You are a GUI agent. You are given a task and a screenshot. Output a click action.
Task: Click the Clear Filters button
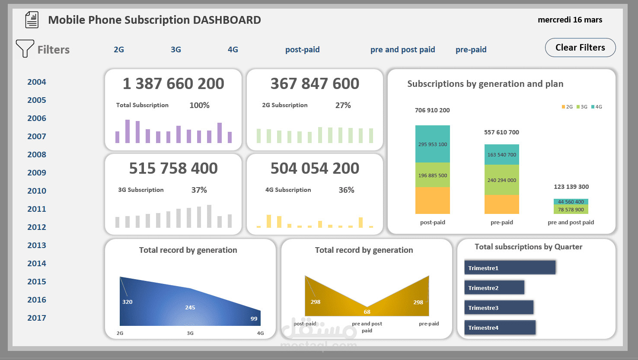pyautogui.click(x=580, y=48)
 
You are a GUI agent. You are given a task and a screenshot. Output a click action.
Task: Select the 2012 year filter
pyautogui.click(x=37, y=227)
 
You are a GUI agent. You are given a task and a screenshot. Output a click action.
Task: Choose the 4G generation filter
pyautogui.click(x=233, y=50)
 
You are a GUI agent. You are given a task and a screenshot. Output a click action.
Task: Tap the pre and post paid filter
pyautogui.click(x=402, y=50)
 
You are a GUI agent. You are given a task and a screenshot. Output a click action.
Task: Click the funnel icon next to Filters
pyautogui.click(x=25, y=48)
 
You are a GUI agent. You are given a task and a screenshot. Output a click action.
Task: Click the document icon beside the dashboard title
pyautogui.click(x=32, y=20)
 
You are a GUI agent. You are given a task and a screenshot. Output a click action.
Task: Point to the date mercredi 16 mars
pyautogui.click(x=570, y=20)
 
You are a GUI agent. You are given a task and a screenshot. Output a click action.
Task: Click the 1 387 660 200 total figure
pyautogui.click(x=173, y=83)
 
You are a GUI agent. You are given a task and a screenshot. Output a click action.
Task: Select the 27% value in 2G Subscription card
pyautogui.click(x=343, y=105)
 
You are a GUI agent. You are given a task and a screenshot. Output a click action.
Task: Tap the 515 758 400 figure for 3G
pyautogui.click(x=173, y=168)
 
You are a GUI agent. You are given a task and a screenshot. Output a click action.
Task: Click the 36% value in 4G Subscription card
pyautogui.click(x=346, y=190)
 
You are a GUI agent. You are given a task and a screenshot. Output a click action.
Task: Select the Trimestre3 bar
pyautogui.click(x=499, y=307)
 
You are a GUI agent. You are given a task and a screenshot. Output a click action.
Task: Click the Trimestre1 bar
pyautogui.click(x=510, y=268)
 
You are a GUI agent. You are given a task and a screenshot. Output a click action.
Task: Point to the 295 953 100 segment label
pyautogui.click(x=433, y=144)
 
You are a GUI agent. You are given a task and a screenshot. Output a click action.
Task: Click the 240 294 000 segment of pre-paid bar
pyautogui.click(x=501, y=180)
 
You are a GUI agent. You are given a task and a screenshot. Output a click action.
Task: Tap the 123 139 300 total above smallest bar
pyautogui.click(x=571, y=187)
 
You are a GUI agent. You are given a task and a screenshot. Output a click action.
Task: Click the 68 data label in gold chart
pyautogui.click(x=367, y=312)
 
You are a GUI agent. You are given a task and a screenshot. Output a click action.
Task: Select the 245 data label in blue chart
pyautogui.click(x=190, y=307)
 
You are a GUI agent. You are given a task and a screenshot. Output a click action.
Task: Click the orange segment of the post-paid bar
pyautogui.click(x=432, y=201)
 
